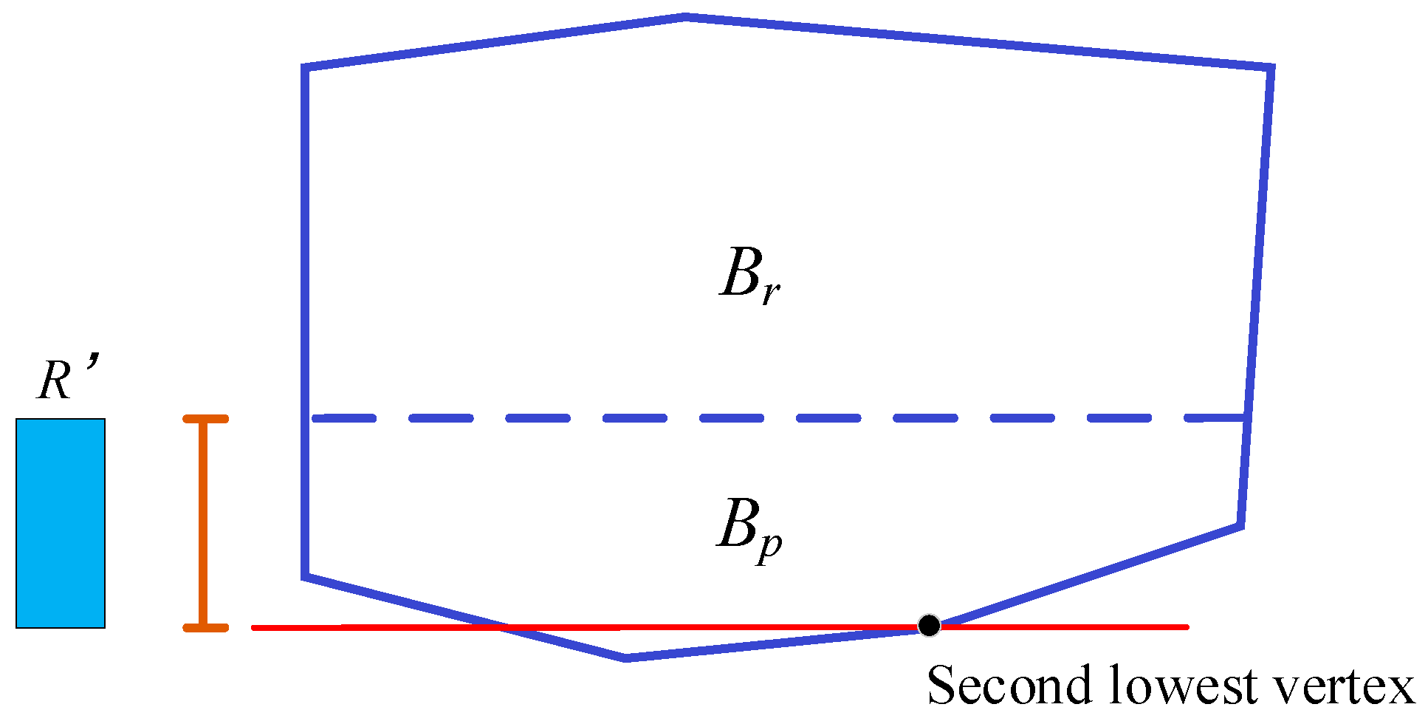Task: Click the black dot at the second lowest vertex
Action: (929, 626)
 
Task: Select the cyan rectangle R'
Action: (61, 523)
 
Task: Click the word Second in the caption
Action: (1009, 686)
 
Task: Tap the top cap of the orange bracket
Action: (205, 419)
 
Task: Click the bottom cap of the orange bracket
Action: (205, 628)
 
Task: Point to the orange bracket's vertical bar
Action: (204, 523)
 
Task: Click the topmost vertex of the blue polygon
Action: (685, 16)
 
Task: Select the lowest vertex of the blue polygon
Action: (626, 658)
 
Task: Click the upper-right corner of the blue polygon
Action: (1271, 69)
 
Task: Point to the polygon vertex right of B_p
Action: (1242, 526)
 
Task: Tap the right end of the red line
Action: (1186, 627)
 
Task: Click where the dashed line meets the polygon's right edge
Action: (1248, 418)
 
